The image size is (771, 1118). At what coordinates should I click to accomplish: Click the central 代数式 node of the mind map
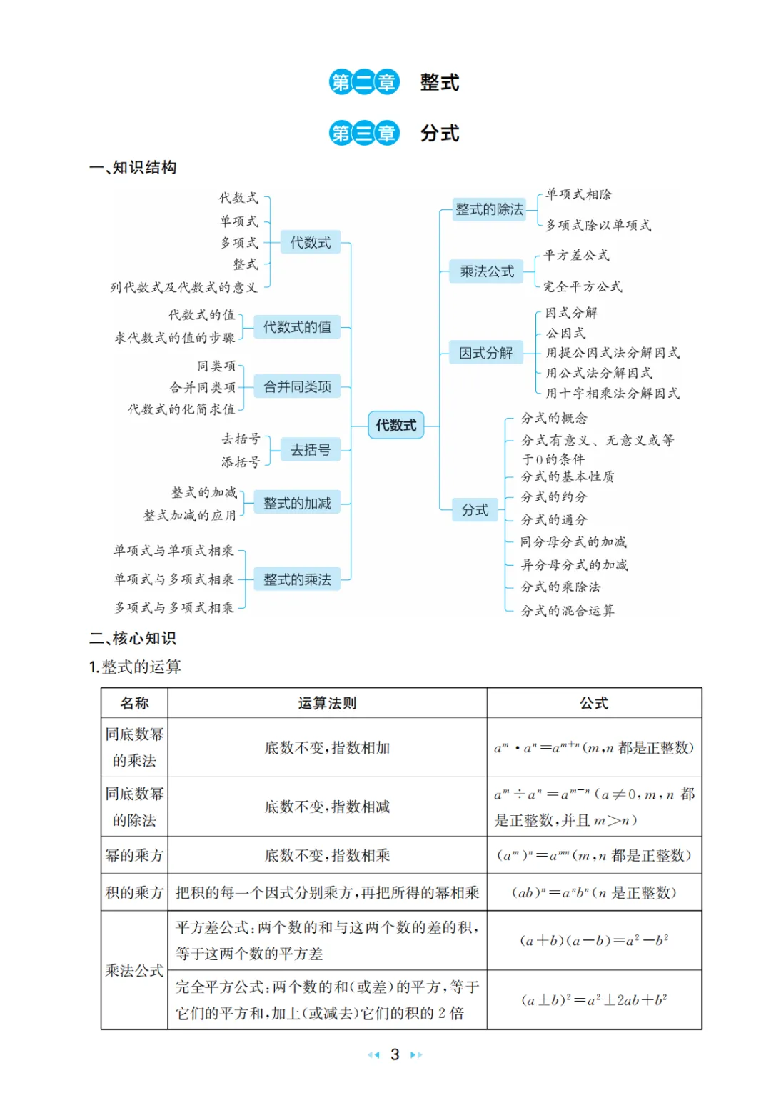(395, 425)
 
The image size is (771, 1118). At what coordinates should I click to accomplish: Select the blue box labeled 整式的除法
(489, 209)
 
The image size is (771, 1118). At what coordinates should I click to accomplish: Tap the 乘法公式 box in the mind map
(487, 271)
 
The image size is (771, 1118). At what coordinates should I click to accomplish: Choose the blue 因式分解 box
(485, 353)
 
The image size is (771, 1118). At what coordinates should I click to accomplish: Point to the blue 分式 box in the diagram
(475, 510)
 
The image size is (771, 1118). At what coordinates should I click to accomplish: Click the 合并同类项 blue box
(297, 386)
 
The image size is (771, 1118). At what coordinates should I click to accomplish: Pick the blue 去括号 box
(310, 450)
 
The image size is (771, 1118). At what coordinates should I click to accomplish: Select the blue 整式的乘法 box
(297, 579)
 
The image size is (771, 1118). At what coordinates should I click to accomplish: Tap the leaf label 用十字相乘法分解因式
(613, 394)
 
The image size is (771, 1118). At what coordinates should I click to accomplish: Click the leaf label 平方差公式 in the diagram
(576, 256)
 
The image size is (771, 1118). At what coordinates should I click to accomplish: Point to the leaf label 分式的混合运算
(568, 611)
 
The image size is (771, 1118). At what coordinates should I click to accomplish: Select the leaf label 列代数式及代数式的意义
(183, 288)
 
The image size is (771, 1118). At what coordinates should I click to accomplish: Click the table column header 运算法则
(327, 703)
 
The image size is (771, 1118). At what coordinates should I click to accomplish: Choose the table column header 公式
(594, 703)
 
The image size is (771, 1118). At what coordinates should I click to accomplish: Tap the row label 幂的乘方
(134, 855)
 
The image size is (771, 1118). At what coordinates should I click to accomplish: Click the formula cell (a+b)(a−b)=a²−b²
(594, 940)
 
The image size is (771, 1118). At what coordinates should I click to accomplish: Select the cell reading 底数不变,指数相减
(327, 807)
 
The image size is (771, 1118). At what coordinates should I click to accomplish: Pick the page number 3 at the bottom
(395, 1054)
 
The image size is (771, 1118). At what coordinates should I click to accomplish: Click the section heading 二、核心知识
(133, 638)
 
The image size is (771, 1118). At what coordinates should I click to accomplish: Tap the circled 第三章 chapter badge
(364, 134)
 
